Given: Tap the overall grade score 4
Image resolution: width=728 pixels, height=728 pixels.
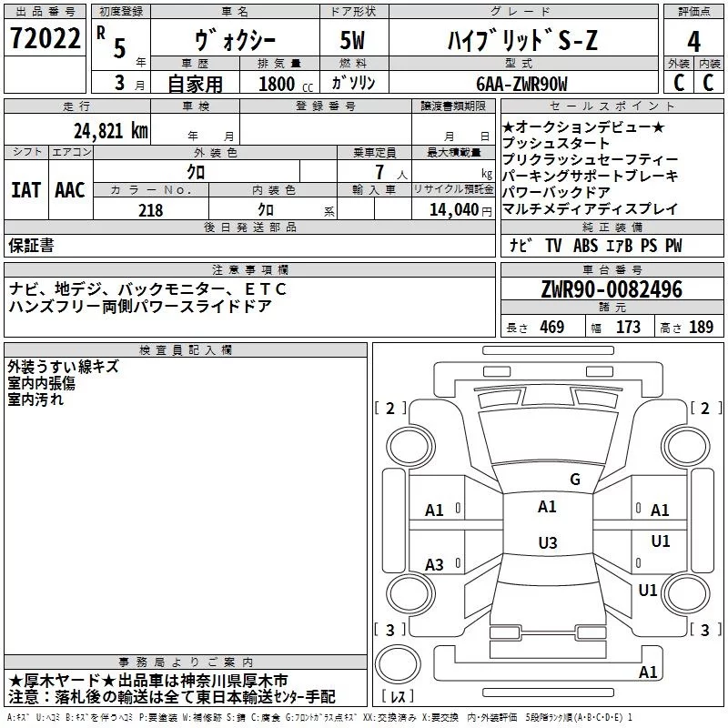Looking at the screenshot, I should (x=693, y=42).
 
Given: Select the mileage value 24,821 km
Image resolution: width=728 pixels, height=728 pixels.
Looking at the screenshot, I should (x=110, y=131).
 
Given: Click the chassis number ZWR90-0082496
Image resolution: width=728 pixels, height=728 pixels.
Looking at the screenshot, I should (x=611, y=290).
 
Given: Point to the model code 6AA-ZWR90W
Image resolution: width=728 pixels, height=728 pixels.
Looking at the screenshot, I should (x=521, y=83).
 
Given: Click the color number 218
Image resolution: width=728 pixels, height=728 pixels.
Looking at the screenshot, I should (x=150, y=210).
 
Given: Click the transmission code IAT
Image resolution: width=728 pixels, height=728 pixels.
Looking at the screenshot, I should (x=25, y=190).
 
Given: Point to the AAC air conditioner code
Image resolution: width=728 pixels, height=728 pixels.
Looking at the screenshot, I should (x=70, y=190).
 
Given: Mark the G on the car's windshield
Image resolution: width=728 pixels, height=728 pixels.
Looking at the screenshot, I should (x=574, y=480).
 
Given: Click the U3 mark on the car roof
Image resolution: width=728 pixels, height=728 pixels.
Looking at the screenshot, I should (x=547, y=542).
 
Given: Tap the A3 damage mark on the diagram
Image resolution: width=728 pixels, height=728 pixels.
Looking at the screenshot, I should (x=435, y=565).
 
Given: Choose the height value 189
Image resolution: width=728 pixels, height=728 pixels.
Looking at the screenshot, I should (x=701, y=328).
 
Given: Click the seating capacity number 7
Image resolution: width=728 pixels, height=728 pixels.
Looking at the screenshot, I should (x=377, y=172).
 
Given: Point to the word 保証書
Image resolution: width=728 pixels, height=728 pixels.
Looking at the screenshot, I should (x=31, y=246).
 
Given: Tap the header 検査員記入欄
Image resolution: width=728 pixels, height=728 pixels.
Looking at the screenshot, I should (x=186, y=349).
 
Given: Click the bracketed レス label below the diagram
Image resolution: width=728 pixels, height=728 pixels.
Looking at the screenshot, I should (x=399, y=698).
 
